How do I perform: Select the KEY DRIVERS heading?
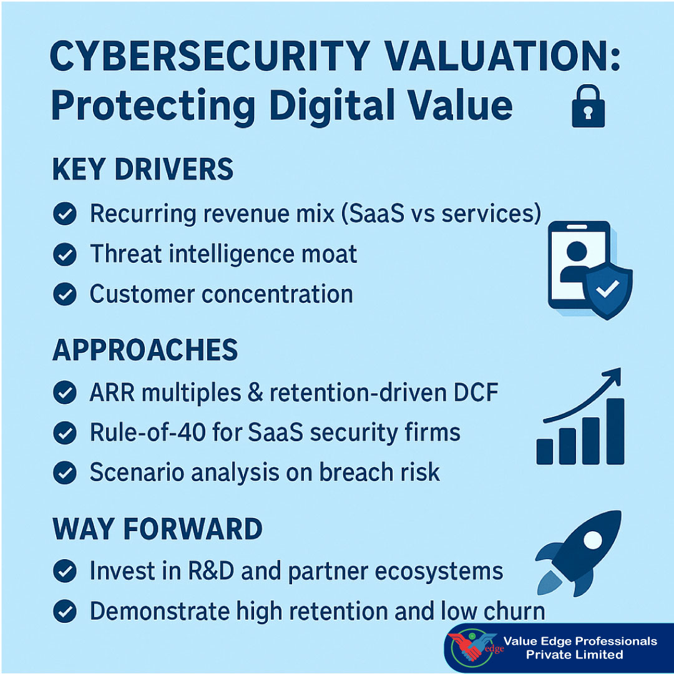[x=143, y=170]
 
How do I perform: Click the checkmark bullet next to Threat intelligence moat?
[x=64, y=254]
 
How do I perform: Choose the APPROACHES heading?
[x=145, y=351]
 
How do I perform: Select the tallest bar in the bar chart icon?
[x=615, y=431]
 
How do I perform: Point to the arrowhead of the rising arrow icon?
[x=613, y=376]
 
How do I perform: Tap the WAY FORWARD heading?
[x=157, y=529]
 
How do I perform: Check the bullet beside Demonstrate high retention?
[x=64, y=612]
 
